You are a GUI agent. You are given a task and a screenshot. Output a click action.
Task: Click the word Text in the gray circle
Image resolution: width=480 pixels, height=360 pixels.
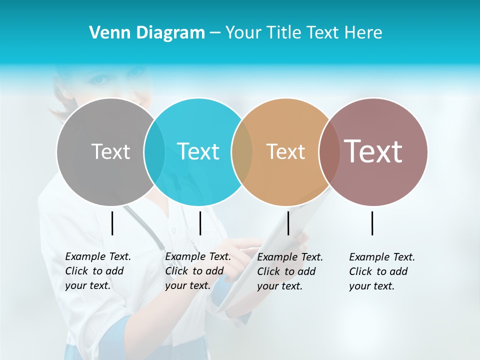[110, 151]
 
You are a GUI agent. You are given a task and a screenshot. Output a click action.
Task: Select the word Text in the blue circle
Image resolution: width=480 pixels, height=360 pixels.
[198, 151]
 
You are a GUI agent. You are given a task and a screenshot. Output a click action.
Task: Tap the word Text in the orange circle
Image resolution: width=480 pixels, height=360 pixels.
[285, 151]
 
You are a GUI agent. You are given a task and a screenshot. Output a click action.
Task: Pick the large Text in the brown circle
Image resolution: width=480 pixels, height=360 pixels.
[373, 151]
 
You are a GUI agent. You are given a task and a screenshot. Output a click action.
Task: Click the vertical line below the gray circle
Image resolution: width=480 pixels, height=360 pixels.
[112, 223]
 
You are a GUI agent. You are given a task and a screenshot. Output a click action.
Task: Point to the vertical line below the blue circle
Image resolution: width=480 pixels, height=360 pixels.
[200, 223]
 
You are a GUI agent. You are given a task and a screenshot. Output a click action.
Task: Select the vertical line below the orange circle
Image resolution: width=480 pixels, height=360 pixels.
[288, 223]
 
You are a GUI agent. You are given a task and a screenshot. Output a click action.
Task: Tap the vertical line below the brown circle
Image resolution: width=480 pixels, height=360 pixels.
[372, 223]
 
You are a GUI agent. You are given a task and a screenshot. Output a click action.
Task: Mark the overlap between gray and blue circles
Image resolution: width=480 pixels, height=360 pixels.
[154, 151]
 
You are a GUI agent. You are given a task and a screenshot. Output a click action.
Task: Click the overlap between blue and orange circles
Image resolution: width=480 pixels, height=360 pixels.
[242, 151]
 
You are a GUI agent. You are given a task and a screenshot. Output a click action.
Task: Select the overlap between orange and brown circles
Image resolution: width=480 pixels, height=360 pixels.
[329, 151]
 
